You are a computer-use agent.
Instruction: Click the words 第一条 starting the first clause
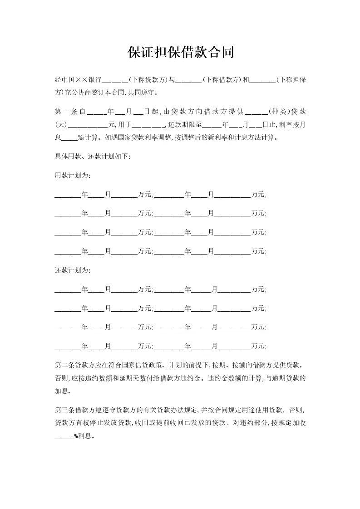pyautogui.click(x=66, y=111)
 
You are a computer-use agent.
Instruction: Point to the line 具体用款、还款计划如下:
pyautogui.click(x=93, y=157)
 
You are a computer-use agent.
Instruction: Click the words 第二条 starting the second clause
pyautogui.click(x=64, y=365)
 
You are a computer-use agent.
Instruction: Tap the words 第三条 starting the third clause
pyautogui.click(x=64, y=410)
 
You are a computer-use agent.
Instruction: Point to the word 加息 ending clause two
pyautogui.click(x=61, y=390)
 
